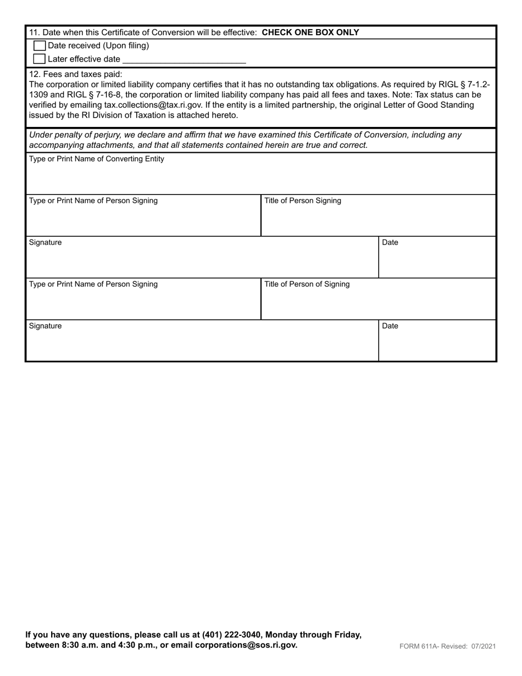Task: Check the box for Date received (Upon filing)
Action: pyautogui.click(x=40, y=46)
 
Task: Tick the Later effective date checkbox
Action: pyautogui.click(x=40, y=59)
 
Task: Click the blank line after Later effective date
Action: pyautogui.click(x=184, y=59)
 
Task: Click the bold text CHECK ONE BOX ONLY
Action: pyautogui.click(x=310, y=32)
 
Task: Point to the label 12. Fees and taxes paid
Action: pyautogui.click(x=75, y=74)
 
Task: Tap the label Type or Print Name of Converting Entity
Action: pyautogui.click(x=96, y=159)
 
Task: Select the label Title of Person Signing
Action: pyautogui.click(x=303, y=201)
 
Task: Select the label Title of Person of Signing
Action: pyautogui.click(x=307, y=284)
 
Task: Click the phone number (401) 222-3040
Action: pyautogui.click(x=231, y=635)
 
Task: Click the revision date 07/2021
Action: pyautogui.click(x=483, y=646)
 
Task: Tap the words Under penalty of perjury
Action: pyautogui.click(x=74, y=135)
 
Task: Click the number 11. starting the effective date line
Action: pyautogui.click(x=34, y=32)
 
